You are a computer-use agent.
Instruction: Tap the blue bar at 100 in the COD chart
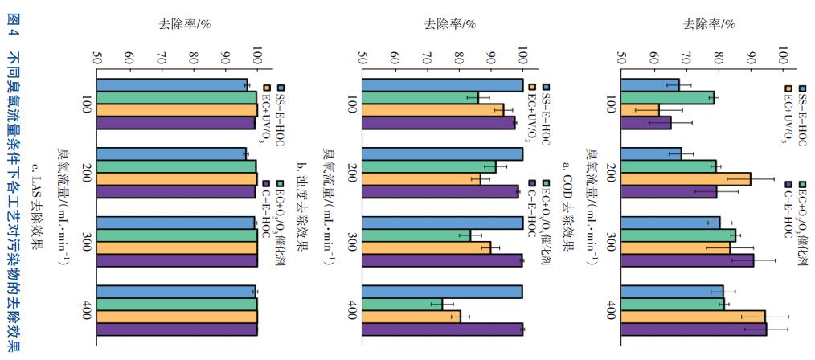(x=650, y=85)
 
